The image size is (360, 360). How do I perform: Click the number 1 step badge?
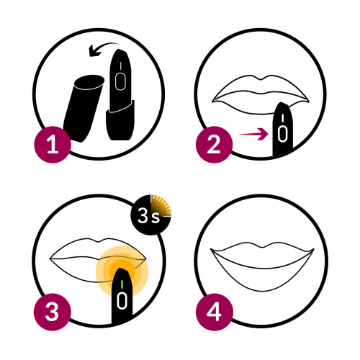pos(53,145)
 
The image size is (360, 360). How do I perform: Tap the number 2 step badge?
pos(214,145)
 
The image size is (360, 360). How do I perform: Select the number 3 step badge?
pos(53,312)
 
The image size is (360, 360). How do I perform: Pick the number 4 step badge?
pos(214,312)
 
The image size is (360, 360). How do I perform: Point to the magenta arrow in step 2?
pos(253,134)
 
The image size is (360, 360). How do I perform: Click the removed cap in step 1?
pos(83,109)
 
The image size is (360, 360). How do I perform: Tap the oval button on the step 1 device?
pos(120,82)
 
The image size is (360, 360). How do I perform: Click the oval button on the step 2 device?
pos(283,135)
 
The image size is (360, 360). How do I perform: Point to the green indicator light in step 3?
pos(122,284)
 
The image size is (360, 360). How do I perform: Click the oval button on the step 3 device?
pos(122,301)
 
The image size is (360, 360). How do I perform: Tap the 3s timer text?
pos(148,215)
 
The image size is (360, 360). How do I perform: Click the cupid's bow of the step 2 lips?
pos(262,78)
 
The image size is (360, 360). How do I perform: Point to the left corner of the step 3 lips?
pos(50,258)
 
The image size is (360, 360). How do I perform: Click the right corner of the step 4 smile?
pos(313,250)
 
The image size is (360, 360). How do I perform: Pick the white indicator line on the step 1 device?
pos(120,66)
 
